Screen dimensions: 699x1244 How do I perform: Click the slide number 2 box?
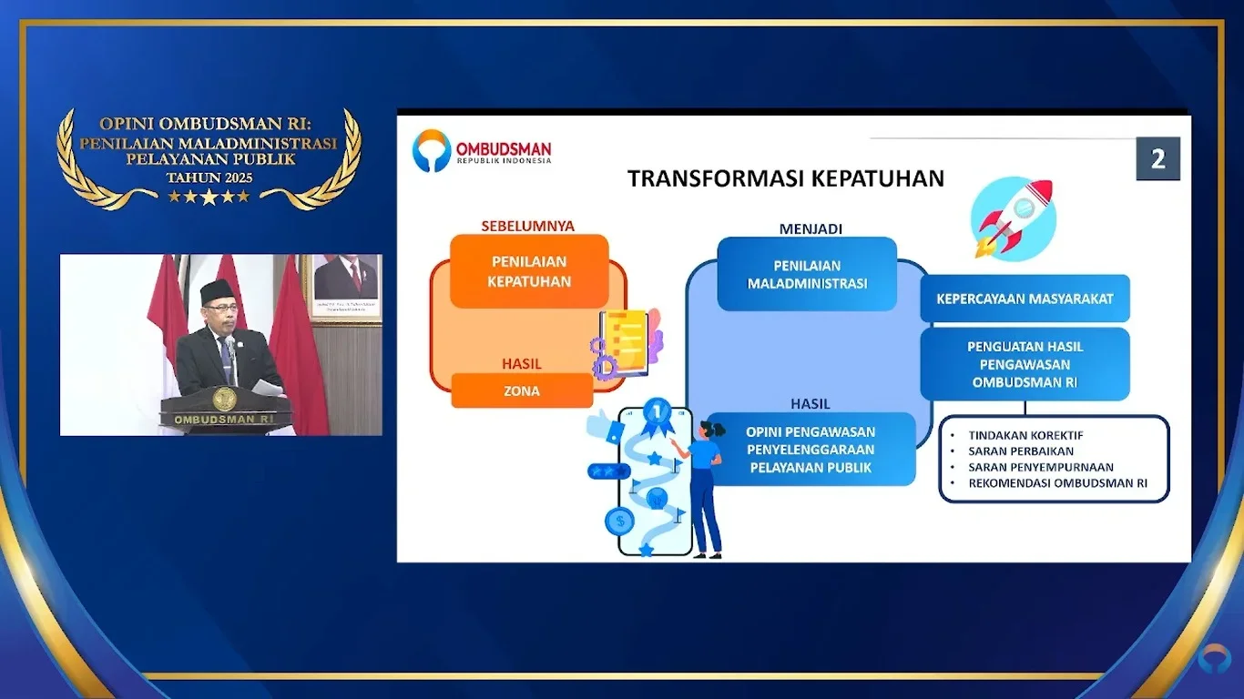point(1157,159)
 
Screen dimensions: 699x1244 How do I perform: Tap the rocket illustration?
point(1014,219)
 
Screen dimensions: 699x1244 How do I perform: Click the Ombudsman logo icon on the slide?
point(431,150)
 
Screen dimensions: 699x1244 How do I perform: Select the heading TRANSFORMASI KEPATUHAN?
point(785,178)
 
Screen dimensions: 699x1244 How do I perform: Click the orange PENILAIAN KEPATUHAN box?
point(529,271)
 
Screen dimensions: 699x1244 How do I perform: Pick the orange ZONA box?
point(522,391)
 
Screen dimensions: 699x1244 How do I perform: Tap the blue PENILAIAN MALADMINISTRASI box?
point(807,274)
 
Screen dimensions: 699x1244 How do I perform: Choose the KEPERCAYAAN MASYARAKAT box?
point(1025,299)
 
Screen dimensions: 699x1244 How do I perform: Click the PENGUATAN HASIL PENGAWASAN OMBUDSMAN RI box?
point(1025,364)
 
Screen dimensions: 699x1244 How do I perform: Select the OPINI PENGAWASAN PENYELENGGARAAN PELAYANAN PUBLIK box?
point(811,450)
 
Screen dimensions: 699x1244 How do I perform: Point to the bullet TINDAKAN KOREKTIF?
point(1025,435)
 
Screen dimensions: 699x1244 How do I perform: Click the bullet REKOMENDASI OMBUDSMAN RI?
point(1057,483)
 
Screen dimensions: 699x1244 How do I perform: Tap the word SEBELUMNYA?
point(528,226)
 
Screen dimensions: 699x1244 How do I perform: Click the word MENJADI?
point(811,228)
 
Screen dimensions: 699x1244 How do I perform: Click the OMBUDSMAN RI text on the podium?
point(225,420)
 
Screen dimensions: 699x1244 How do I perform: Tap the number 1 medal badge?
point(656,414)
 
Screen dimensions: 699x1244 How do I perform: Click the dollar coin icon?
point(619,522)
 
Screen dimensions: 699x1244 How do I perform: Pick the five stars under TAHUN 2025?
point(209,196)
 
